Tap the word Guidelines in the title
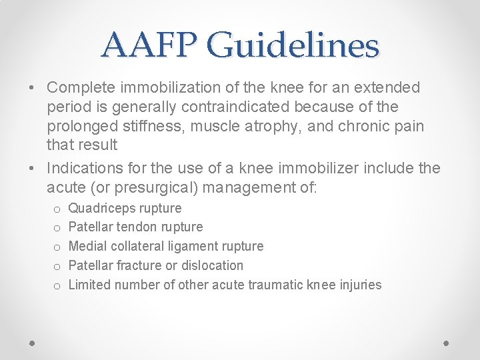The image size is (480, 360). pos(293,45)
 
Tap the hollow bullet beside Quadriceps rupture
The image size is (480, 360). pos(57,209)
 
